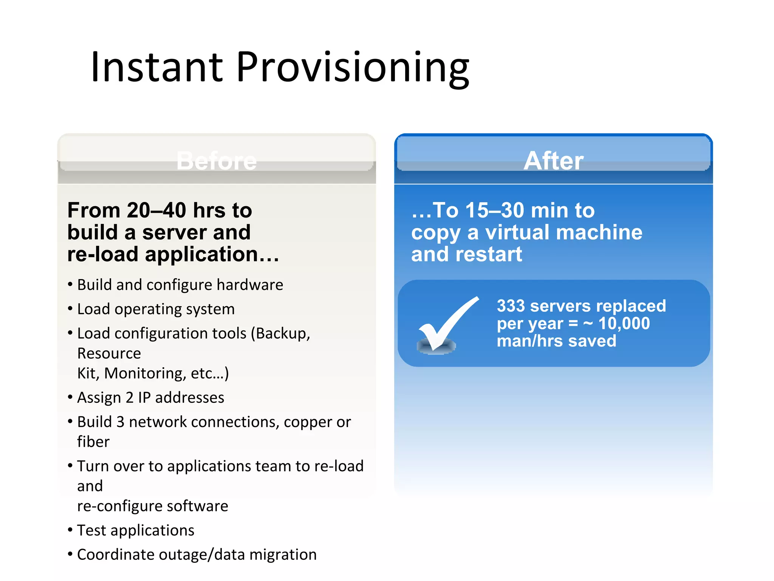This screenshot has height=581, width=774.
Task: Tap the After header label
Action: (553, 161)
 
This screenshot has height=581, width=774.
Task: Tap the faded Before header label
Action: (216, 161)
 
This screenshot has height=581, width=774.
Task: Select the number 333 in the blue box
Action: (511, 306)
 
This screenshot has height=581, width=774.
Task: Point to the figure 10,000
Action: (624, 323)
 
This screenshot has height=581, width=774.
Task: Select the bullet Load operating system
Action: (156, 309)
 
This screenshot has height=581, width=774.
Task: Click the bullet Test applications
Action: (135, 530)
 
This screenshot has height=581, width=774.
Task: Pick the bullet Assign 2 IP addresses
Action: (150, 398)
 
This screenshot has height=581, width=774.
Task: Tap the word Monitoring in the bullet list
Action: (145, 373)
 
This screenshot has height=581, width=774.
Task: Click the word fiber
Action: (93, 442)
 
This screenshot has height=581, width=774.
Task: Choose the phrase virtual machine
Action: (563, 232)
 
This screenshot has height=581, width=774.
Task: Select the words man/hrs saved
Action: (556, 341)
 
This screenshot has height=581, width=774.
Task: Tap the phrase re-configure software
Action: (153, 506)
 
